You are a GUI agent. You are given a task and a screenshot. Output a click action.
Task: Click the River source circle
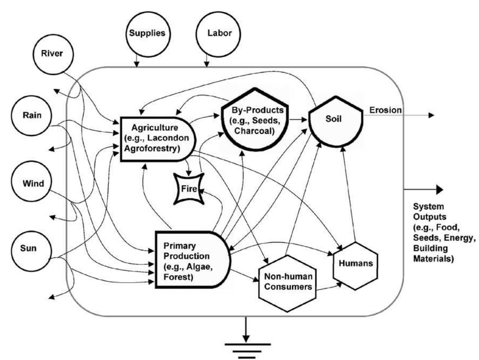(52, 54)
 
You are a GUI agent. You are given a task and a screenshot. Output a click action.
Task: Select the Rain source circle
(32, 116)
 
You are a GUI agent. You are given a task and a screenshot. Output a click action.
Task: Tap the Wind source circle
(33, 184)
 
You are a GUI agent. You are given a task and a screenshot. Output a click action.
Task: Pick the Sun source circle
(28, 248)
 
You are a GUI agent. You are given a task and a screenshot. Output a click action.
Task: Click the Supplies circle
(147, 34)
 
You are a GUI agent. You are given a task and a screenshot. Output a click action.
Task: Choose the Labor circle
(219, 34)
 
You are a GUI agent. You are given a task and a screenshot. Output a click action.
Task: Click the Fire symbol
(189, 188)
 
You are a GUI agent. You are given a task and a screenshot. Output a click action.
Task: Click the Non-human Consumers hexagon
(287, 282)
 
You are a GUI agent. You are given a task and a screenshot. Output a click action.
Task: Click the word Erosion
(385, 110)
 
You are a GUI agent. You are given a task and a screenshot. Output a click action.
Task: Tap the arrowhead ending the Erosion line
(431, 115)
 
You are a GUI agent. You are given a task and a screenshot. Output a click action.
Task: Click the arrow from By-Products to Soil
(298, 120)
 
